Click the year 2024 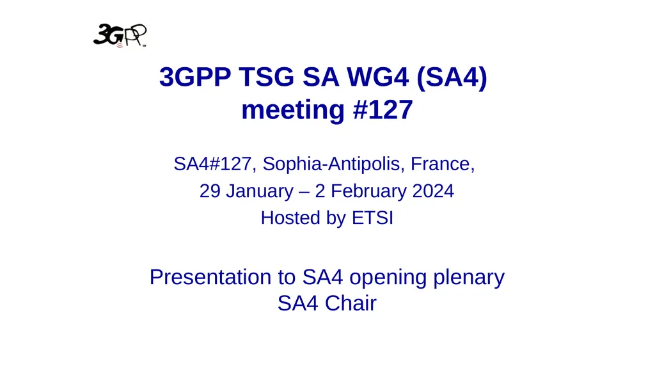432,191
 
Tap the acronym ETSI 373,218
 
